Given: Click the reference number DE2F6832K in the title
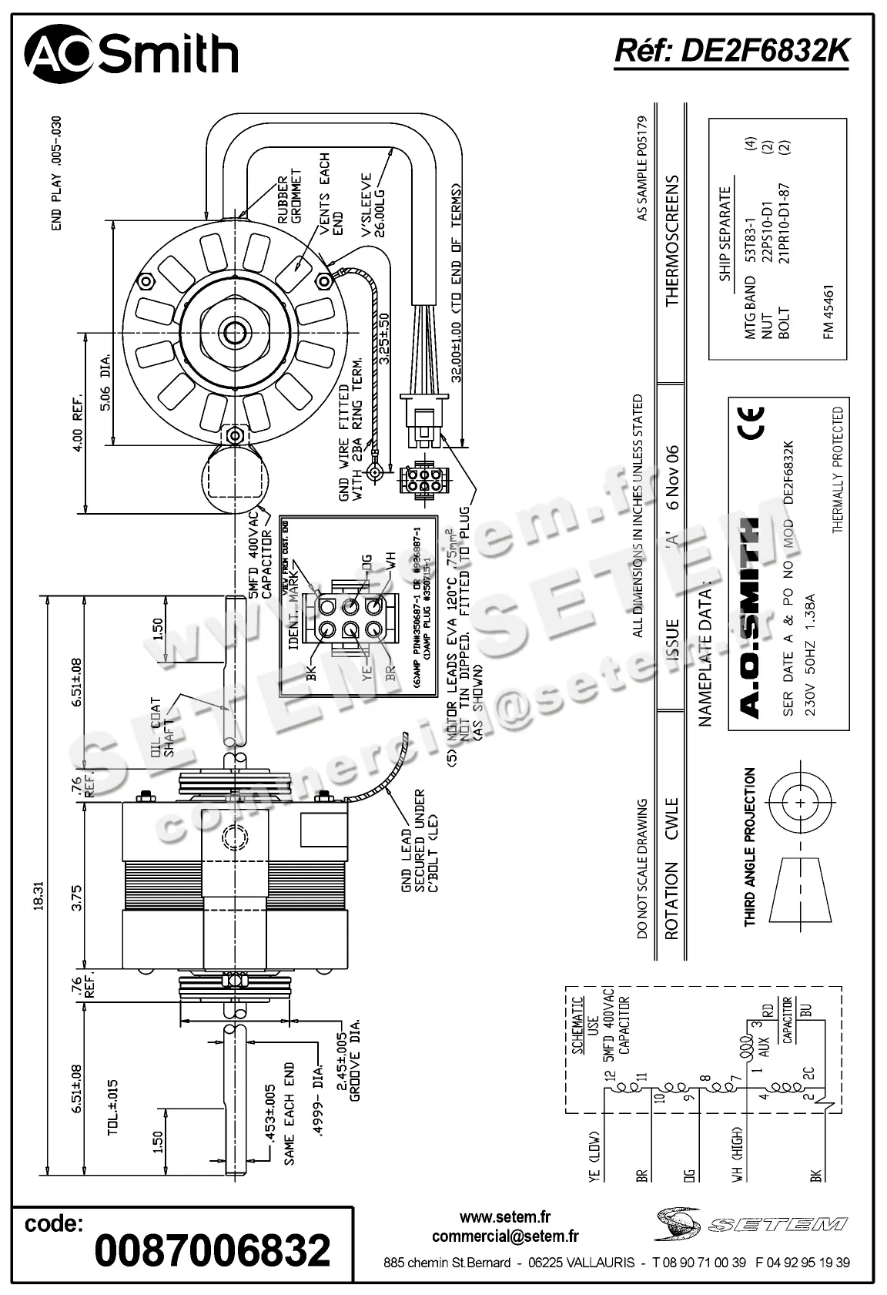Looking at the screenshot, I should (x=731, y=51).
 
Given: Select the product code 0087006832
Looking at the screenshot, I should (x=213, y=1250).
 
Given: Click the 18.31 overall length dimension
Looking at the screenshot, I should (x=38, y=895).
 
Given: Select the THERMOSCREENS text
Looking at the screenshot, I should (x=671, y=240).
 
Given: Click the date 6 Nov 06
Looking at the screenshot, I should (x=671, y=478).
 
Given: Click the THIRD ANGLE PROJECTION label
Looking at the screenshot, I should (x=750, y=847).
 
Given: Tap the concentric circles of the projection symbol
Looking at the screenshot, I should (x=802, y=803).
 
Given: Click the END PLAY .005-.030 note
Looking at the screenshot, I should (x=56, y=174).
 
